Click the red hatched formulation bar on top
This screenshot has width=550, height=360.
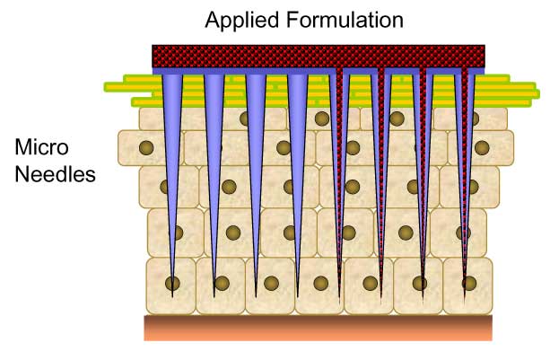[x=319, y=56]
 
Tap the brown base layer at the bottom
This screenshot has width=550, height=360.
[x=319, y=328]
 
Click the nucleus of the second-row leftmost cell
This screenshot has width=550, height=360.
[x=145, y=145]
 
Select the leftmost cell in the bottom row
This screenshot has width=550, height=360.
[x=170, y=285]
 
